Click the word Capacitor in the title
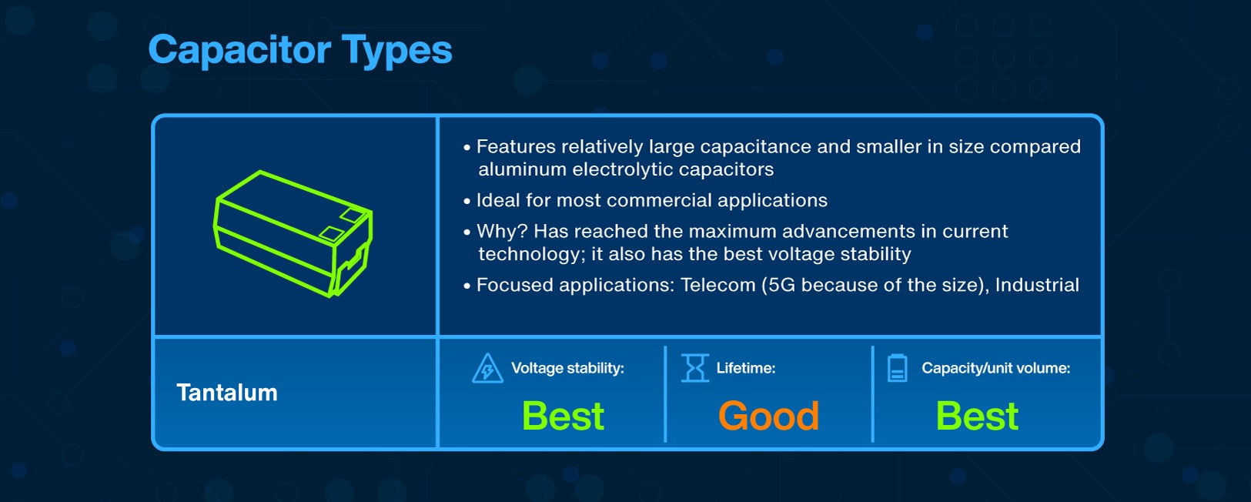[x=239, y=51]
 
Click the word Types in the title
[x=396, y=51]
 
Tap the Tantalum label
[x=226, y=393]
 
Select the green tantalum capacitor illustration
[x=293, y=234]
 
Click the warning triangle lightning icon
[x=487, y=369]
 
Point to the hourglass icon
[x=695, y=368]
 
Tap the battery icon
[x=898, y=368]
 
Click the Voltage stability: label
[x=567, y=368]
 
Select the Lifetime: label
[x=745, y=368]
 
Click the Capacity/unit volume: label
[x=995, y=368]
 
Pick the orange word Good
[x=768, y=416]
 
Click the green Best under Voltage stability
[x=563, y=416]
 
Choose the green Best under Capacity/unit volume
[x=977, y=416]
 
